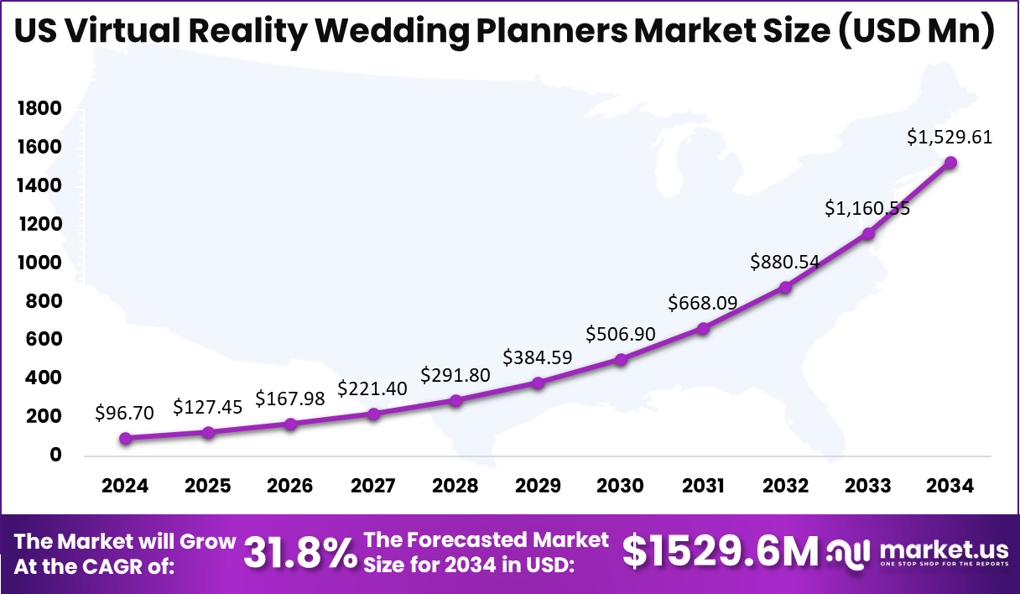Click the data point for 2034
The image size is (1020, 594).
pyautogui.click(x=950, y=163)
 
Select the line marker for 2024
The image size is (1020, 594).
pyautogui.click(x=126, y=438)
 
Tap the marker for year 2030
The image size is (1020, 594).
pyautogui.click(x=621, y=359)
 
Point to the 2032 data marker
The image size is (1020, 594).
pyautogui.click(x=785, y=287)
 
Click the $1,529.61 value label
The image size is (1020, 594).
pyautogui.click(x=950, y=137)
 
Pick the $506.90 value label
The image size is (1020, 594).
pyautogui.click(x=621, y=334)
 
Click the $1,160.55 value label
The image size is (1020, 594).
pyautogui.click(x=868, y=208)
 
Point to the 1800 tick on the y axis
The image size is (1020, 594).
pyautogui.click(x=39, y=108)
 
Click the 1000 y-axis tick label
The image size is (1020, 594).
pyautogui.click(x=39, y=263)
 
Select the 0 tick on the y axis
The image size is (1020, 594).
pyautogui.click(x=55, y=456)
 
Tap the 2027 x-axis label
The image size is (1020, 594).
pyautogui.click(x=372, y=487)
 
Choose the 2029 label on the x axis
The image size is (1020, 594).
pyautogui.click(x=538, y=487)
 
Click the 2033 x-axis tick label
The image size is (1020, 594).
pyautogui.click(x=868, y=487)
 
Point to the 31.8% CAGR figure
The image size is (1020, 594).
pyautogui.click(x=299, y=554)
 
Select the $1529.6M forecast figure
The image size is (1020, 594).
pyautogui.click(x=721, y=552)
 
